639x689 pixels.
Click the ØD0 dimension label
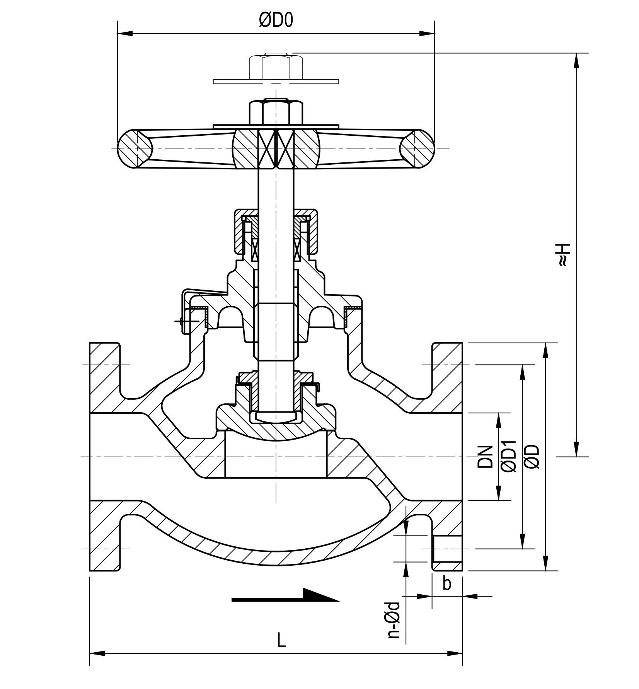276,20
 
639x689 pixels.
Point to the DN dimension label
486,457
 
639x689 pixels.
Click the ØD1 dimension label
508,456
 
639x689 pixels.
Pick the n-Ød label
394,624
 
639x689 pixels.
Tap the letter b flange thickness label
447,584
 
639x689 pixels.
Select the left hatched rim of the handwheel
135,148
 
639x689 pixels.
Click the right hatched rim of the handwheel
417,148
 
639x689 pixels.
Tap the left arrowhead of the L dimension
97,653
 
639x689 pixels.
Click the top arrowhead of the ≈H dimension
576,60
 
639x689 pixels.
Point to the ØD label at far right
532,457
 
